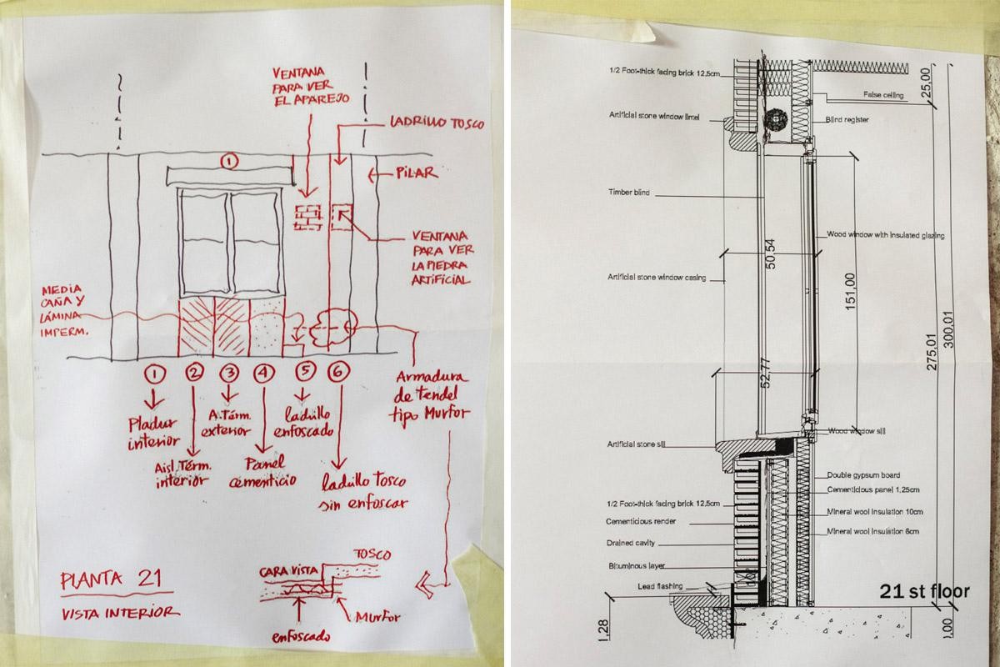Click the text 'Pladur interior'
pyautogui.click(x=154, y=430)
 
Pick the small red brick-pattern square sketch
pyautogui.click(x=308, y=217)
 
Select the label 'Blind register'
pyautogui.click(x=848, y=120)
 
